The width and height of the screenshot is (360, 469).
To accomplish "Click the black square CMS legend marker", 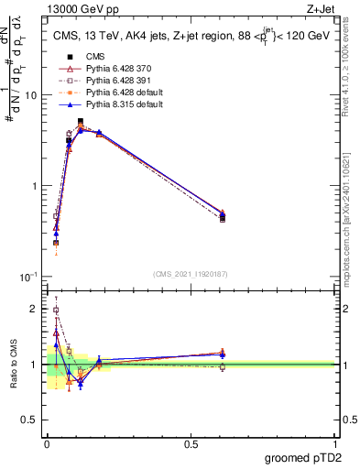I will coord(70,58).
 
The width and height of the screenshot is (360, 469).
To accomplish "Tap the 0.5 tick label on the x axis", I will coord(191,442).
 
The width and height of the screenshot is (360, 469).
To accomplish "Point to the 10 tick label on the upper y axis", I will coord(29,95).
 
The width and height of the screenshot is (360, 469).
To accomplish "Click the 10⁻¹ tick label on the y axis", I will coord(27,277).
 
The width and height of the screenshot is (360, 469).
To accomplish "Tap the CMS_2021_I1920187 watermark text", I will coord(191,273).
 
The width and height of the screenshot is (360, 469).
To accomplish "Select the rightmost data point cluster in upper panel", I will coord(223,216).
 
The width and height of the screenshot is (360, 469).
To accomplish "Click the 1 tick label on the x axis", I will coord(334,442).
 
